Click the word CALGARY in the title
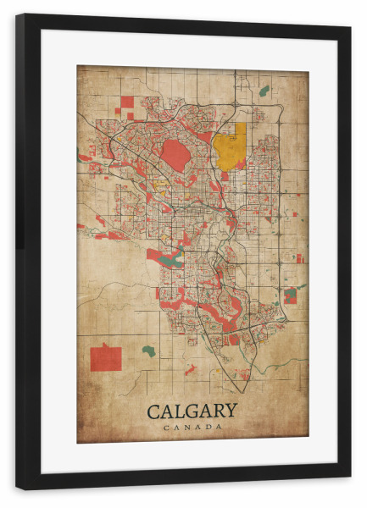click(192, 411)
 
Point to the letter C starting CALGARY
click(154, 411)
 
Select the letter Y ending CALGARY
click(230, 411)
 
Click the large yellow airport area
click(230, 146)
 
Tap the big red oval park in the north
click(175, 154)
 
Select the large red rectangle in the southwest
click(106, 358)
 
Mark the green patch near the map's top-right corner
click(264, 90)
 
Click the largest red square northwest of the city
click(127, 102)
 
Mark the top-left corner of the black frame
click(18, 15)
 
